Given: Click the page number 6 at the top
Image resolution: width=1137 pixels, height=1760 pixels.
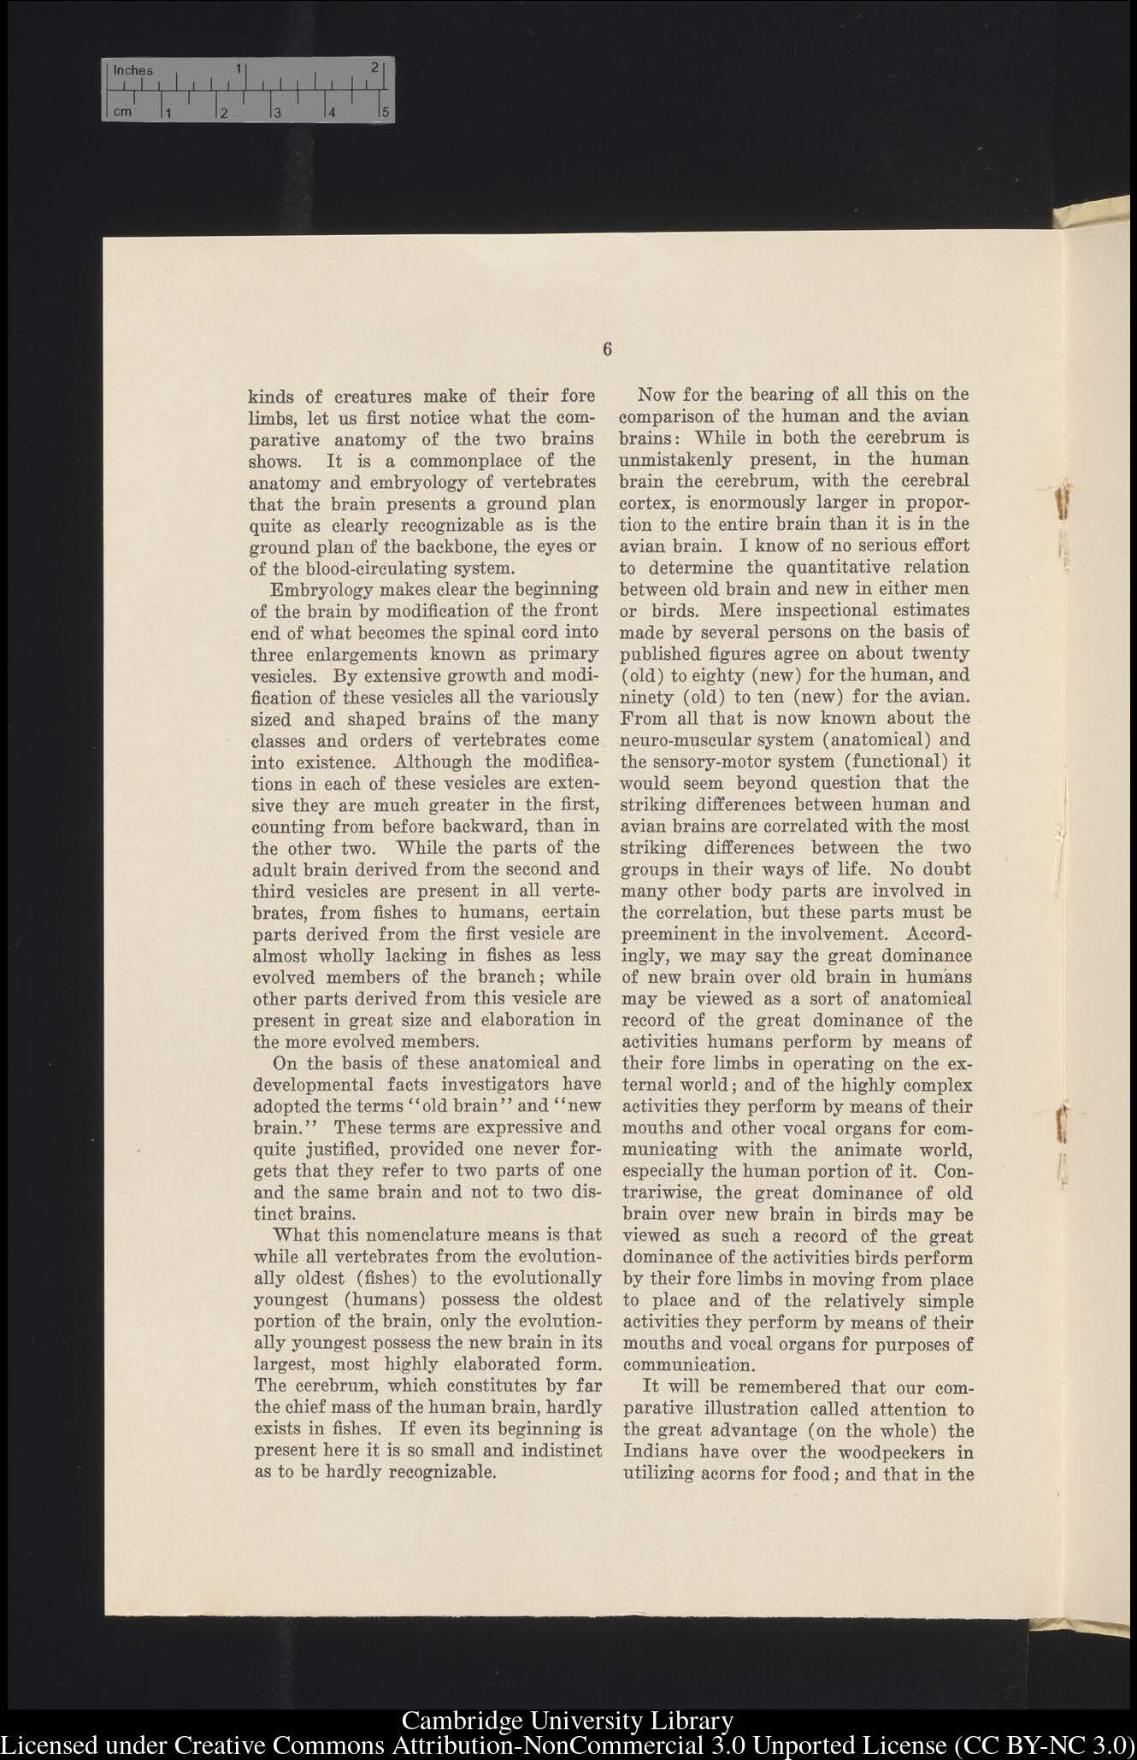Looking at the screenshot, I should click(x=607, y=349).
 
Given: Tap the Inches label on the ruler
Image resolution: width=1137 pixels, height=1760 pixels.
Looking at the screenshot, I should click(x=133, y=71).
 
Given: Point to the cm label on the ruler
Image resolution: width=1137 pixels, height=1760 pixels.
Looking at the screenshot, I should click(x=122, y=111).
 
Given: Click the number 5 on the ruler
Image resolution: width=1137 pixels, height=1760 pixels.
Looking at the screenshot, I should click(x=385, y=112).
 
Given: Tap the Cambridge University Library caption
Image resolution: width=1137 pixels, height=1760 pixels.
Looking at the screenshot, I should click(x=568, y=1721).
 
